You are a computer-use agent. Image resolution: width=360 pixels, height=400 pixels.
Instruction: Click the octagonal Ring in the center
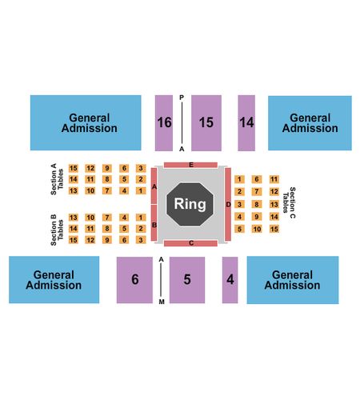click(190, 204)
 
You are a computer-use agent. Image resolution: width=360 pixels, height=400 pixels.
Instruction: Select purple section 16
click(164, 123)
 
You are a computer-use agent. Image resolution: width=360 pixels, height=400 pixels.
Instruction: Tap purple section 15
click(206, 123)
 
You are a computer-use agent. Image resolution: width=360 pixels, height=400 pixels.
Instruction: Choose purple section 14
click(246, 123)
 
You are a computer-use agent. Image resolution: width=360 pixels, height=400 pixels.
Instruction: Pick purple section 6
click(134, 280)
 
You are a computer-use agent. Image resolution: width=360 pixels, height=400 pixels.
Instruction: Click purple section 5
click(187, 280)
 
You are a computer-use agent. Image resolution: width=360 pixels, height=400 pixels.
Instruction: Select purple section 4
click(230, 280)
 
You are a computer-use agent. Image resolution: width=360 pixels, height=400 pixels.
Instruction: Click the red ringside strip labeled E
click(190, 165)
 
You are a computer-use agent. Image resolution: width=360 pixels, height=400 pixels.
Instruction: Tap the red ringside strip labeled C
click(190, 243)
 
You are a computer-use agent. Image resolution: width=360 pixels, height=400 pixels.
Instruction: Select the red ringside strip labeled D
click(228, 204)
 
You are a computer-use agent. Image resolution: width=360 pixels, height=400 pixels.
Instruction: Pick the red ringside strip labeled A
click(154, 186)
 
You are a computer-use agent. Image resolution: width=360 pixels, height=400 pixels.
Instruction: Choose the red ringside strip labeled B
click(154, 223)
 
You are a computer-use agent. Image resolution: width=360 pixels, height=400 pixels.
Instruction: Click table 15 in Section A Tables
click(74, 168)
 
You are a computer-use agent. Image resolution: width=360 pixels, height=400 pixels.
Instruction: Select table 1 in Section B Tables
click(141, 218)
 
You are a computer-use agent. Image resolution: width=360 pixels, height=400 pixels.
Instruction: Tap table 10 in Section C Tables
click(257, 229)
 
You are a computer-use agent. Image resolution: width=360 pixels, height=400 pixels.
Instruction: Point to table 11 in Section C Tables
click(274, 179)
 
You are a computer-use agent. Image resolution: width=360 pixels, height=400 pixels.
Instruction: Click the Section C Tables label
click(289, 202)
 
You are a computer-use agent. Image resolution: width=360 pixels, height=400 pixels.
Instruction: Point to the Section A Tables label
click(57, 179)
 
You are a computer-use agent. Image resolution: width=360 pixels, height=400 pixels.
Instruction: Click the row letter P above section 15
click(182, 98)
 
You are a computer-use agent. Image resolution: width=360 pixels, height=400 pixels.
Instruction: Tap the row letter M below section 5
click(162, 302)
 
